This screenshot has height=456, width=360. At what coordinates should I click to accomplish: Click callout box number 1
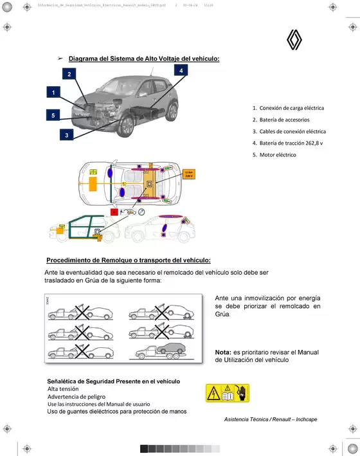tap(53, 93)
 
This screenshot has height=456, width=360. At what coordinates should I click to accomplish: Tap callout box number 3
tap(66, 134)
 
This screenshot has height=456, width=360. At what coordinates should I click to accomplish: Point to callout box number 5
tap(53, 115)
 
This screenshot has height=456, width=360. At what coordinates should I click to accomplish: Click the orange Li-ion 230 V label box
tap(189, 174)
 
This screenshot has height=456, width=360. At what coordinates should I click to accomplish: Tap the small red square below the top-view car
tap(114, 211)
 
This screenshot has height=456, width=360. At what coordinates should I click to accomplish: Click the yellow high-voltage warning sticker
tap(227, 393)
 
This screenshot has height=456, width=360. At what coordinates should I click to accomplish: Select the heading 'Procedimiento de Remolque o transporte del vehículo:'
tap(129, 260)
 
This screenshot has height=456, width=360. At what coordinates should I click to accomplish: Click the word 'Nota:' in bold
tap(223, 352)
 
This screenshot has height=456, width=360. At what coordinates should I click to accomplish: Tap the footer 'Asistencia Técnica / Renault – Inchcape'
tap(271, 419)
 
